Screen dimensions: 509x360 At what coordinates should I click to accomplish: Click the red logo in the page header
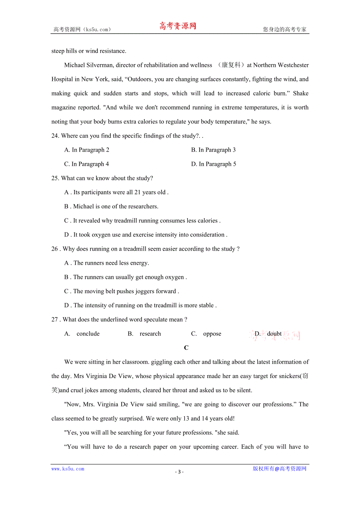click(178, 26)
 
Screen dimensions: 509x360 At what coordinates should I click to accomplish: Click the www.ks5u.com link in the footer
click(68, 469)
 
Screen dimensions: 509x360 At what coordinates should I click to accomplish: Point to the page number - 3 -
click(179, 471)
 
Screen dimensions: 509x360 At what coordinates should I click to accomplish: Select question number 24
click(55, 136)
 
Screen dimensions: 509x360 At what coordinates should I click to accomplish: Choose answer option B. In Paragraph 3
click(213, 150)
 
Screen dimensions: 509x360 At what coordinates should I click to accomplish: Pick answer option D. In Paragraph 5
click(213, 164)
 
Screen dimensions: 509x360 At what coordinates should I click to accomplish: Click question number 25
click(55, 178)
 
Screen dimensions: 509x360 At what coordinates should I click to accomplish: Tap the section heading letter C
click(186, 348)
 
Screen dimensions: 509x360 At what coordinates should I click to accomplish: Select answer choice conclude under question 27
click(88, 333)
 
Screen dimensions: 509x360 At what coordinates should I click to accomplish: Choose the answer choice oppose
click(212, 333)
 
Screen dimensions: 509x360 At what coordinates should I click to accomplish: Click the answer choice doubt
click(274, 333)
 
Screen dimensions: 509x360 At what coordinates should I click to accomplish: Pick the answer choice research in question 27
click(150, 333)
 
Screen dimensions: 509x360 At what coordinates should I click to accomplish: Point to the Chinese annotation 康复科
click(230, 65)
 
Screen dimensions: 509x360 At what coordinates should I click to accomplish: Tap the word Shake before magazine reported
click(301, 93)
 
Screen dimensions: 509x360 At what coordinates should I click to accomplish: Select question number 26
click(55, 249)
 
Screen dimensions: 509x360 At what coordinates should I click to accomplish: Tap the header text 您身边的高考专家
click(284, 29)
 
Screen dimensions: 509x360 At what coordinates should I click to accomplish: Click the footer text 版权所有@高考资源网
click(279, 469)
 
